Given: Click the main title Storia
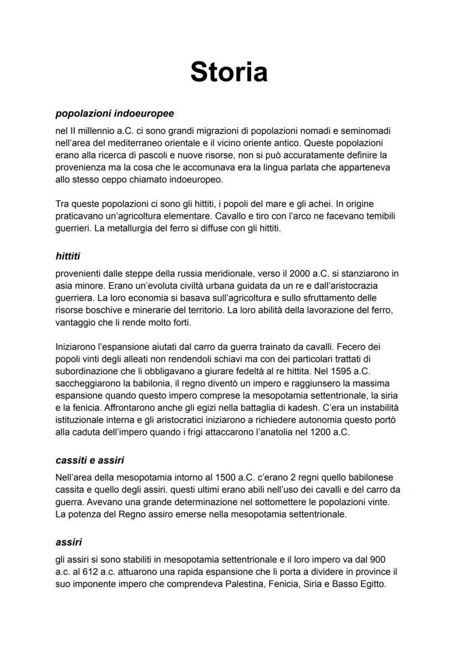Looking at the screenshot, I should coord(229,72).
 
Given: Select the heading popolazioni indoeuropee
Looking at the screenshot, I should coord(115,113).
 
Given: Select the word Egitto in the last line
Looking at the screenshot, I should coord(370,584).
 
